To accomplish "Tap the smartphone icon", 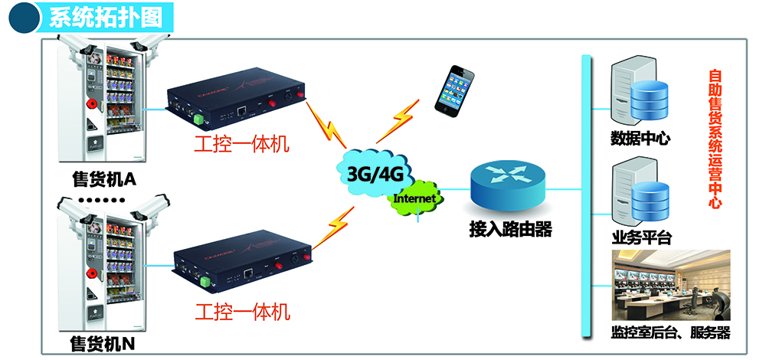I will pos(454,90).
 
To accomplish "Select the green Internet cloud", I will pos(414,198).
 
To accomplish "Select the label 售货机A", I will pos(103,178).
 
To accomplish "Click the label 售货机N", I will pos(103,342).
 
